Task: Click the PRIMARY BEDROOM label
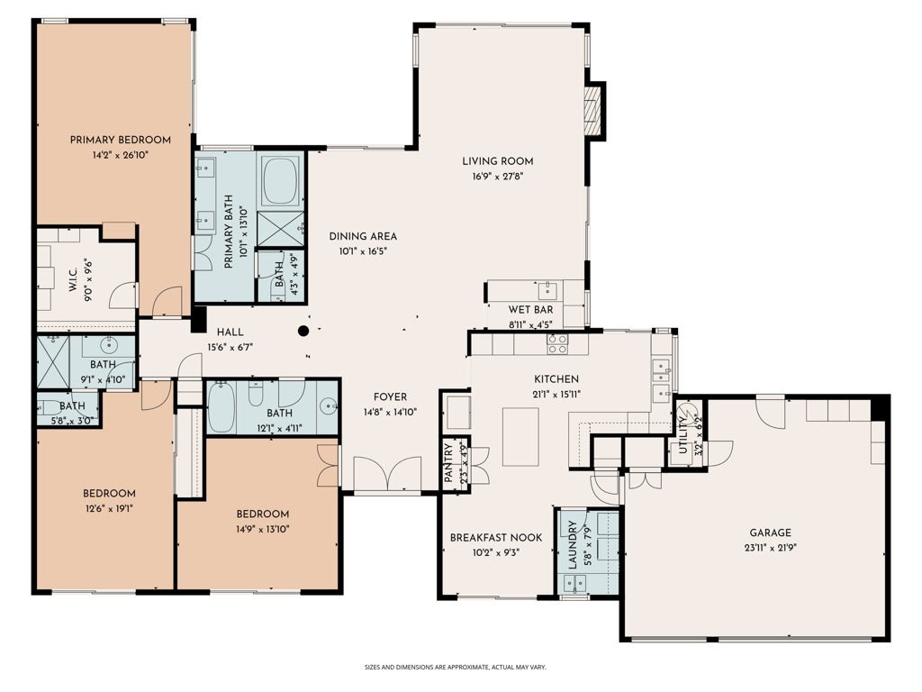pos(121,140)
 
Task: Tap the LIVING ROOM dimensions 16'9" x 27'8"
pos(497,176)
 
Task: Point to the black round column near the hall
pos(303,331)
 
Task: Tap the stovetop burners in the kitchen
pos(556,343)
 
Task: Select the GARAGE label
pos(771,533)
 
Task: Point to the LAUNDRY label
pos(572,544)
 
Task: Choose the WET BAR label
pos(530,310)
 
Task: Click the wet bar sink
pos(547,290)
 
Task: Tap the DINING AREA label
pos(363,237)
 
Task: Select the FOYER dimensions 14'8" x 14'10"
pos(391,412)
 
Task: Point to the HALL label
pos(230,332)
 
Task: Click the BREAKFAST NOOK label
pos(496,537)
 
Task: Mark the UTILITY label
pos(682,434)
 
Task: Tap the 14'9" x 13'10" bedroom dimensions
pos(262,529)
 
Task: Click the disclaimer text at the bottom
pos(456,668)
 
